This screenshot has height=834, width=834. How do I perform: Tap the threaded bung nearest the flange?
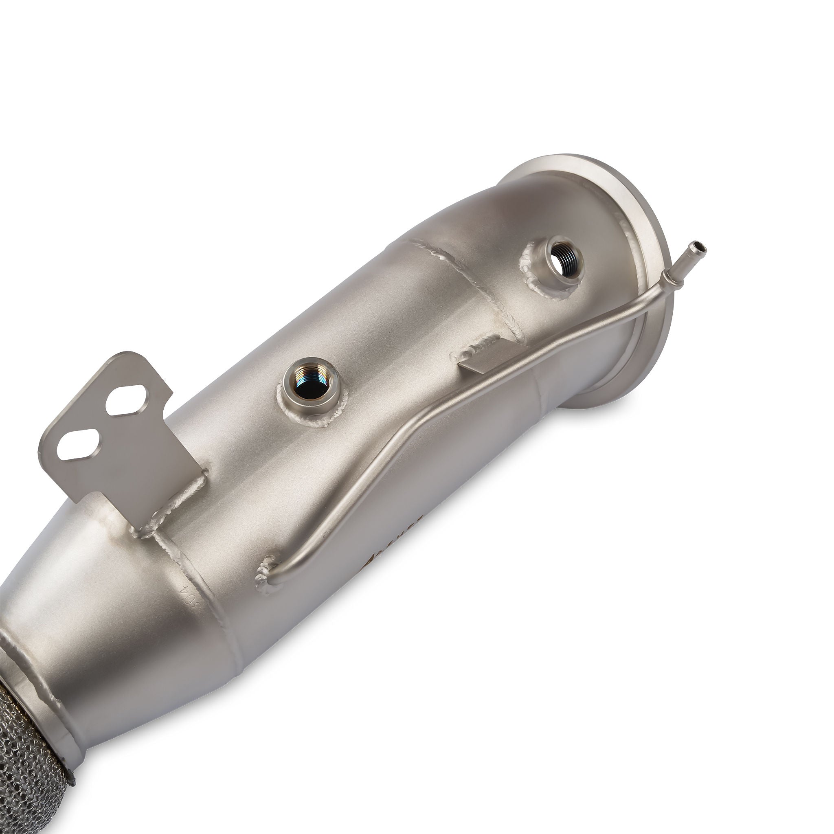[560, 261]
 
